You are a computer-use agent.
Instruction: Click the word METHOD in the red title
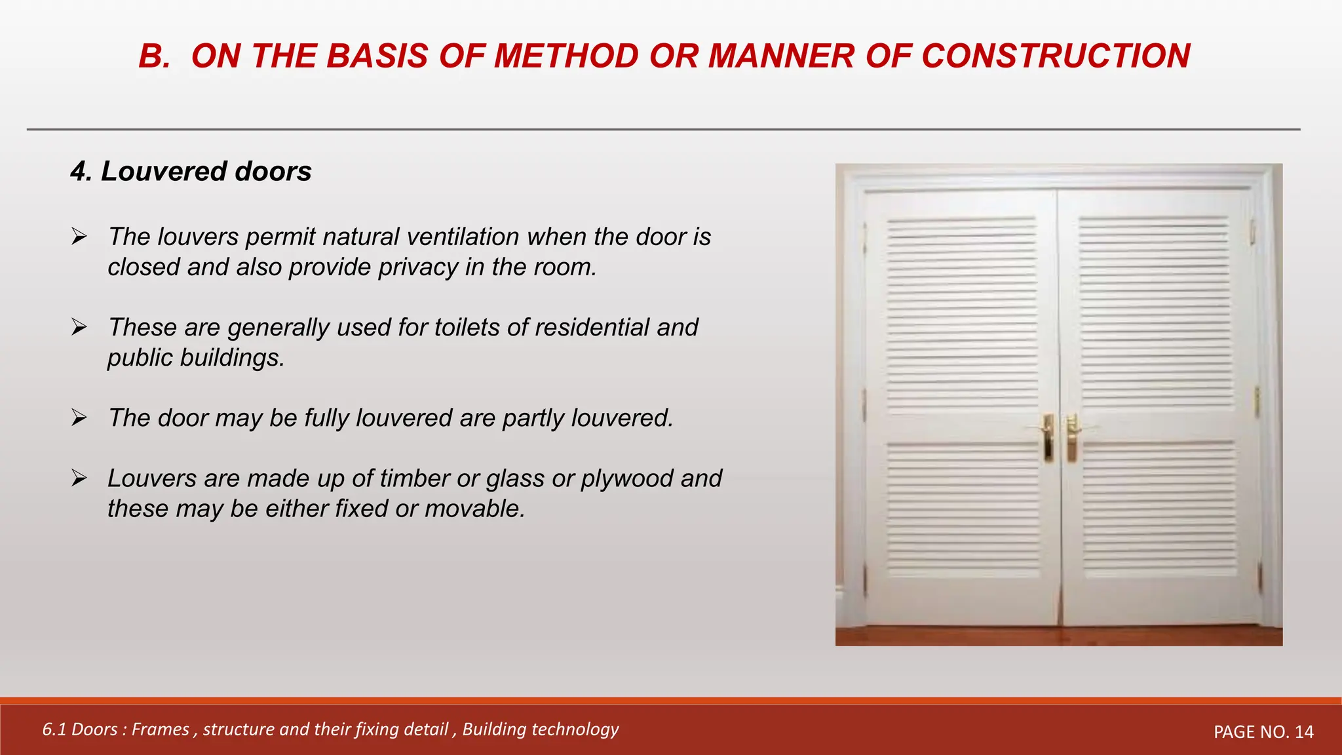tap(566, 56)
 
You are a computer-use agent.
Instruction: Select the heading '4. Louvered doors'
tap(191, 172)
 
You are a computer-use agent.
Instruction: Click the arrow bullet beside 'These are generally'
tap(79, 327)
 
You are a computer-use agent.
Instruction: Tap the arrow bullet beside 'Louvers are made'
tap(79, 478)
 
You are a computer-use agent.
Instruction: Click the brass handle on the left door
tap(1048, 438)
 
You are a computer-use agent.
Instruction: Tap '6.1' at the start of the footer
tap(54, 729)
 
